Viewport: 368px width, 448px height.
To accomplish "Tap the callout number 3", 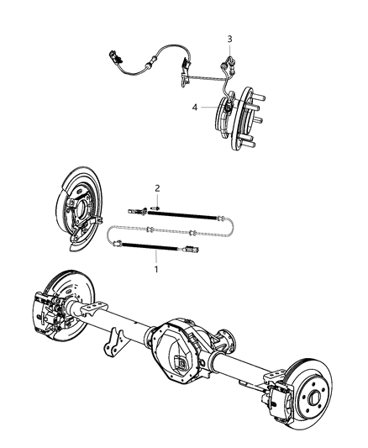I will point(229,39).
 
